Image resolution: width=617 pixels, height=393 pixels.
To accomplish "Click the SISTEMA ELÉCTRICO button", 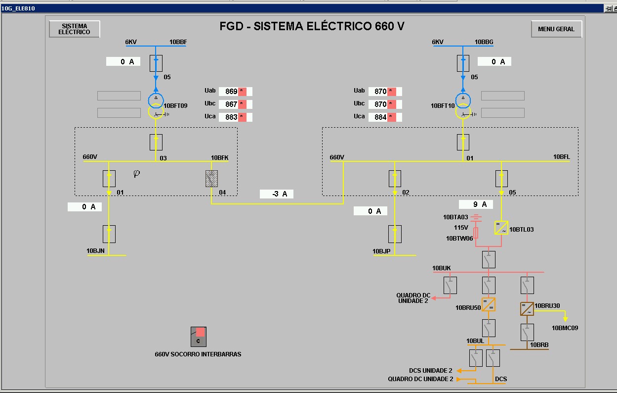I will click(75, 29).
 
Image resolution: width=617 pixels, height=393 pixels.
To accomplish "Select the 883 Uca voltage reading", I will click(232, 117).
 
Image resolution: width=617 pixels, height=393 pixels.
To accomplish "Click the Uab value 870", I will click(380, 92).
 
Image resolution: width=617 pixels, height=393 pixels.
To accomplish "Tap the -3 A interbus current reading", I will click(277, 194).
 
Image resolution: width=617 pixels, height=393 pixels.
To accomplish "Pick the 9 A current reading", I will click(476, 204).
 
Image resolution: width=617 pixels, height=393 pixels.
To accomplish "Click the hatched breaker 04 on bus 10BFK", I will click(212, 178).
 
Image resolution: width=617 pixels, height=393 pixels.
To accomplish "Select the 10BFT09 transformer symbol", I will click(156, 106).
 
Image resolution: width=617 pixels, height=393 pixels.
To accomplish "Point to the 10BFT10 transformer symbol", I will click(463, 106).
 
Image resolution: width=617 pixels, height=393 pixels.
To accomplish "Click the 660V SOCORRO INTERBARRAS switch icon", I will click(199, 337).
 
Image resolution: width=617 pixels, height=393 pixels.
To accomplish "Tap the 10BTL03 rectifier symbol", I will click(501, 228).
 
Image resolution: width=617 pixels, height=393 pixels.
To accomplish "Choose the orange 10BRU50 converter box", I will click(488, 304).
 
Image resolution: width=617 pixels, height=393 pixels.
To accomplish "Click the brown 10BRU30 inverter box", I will click(527, 309).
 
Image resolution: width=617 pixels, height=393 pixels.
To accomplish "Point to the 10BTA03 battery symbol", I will click(476, 217).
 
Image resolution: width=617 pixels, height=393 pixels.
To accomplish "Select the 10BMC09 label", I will click(565, 328).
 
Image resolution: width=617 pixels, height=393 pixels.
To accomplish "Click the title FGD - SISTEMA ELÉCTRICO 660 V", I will click(312, 27).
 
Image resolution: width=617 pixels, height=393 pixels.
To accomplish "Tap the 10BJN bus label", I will click(95, 251).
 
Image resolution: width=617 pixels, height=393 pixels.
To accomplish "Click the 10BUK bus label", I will click(441, 268).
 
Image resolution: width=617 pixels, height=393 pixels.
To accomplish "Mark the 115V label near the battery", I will click(461, 228).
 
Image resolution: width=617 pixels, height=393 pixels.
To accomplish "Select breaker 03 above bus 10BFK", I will click(156, 142).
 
